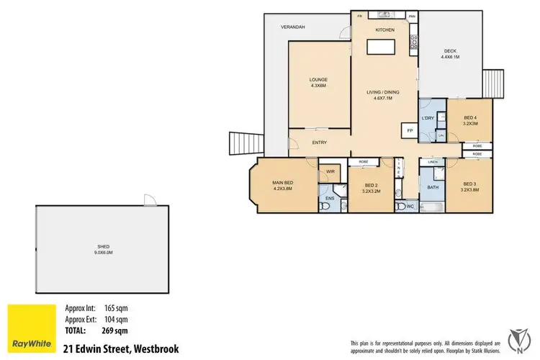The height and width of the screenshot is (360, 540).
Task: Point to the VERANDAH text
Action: click(x=293, y=27)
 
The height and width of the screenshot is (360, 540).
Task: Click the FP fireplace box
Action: click(x=410, y=131)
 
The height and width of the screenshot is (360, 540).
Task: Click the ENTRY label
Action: click(x=320, y=143)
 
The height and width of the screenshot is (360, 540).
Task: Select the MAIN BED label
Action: click(x=283, y=184)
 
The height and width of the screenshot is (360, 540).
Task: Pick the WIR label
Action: click(x=330, y=171)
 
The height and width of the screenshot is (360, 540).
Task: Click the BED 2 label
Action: click(x=370, y=186)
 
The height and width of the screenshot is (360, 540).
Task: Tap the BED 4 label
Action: click(x=469, y=120)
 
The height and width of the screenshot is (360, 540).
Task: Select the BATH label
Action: click(x=433, y=187)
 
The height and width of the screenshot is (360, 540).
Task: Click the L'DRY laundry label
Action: click(x=427, y=117)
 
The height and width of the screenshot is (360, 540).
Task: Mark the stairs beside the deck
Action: click(x=493, y=83)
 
